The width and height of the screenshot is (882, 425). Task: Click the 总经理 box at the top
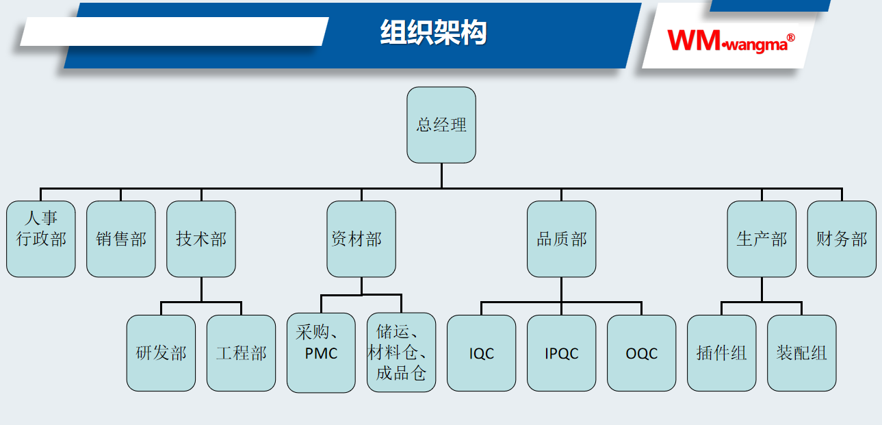[x=441, y=125]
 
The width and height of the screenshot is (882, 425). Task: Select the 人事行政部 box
[x=41, y=239]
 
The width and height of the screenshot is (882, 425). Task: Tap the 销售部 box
[x=121, y=239]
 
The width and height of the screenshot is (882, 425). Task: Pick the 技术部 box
[x=201, y=239]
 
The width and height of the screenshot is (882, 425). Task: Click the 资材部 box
[x=361, y=239]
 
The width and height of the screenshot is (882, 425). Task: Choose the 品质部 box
[x=561, y=239]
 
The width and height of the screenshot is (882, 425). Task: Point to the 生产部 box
[x=762, y=239]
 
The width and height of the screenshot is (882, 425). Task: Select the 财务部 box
[x=842, y=239]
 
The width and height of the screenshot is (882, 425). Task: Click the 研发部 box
[x=161, y=353]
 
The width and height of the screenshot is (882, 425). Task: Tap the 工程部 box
[x=241, y=353]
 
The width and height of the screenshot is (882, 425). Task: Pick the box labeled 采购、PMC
[x=321, y=353]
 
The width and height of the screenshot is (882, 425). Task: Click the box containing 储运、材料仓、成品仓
[x=401, y=353]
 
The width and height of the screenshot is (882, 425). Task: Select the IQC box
[x=482, y=353]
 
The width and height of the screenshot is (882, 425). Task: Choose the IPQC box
[x=561, y=353]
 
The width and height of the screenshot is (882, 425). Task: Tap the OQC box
[x=641, y=353]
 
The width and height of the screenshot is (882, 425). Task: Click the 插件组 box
[x=721, y=353]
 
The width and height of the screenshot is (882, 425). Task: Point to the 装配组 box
[x=801, y=353]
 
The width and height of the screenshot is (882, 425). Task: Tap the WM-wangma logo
[x=727, y=41]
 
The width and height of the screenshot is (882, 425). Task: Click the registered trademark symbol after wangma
[x=791, y=38]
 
